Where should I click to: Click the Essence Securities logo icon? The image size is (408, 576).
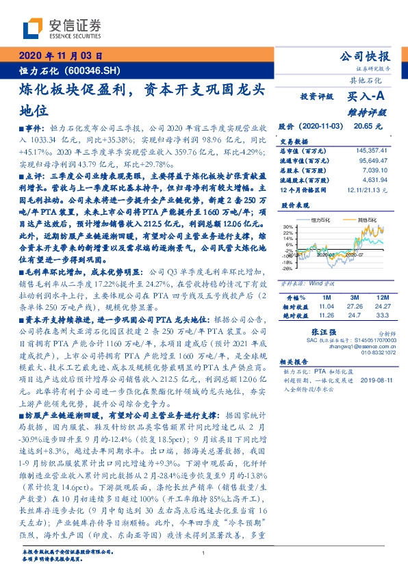(x=33, y=28)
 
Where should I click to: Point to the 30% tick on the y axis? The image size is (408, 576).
(x=289, y=226)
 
